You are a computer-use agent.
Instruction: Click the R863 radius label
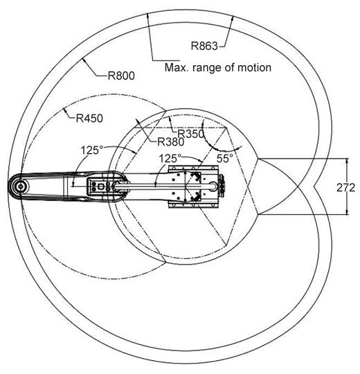(x=204, y=46)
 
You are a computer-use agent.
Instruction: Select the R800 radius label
(x=121, y=76)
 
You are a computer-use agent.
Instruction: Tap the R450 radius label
(x=89, y=118)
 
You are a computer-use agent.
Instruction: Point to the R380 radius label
(x=171, y=142)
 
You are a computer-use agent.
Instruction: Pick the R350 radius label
(x=191, y=134)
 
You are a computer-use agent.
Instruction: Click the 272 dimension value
(x=345, y=188)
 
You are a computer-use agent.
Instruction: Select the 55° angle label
(x=225, y=159)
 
